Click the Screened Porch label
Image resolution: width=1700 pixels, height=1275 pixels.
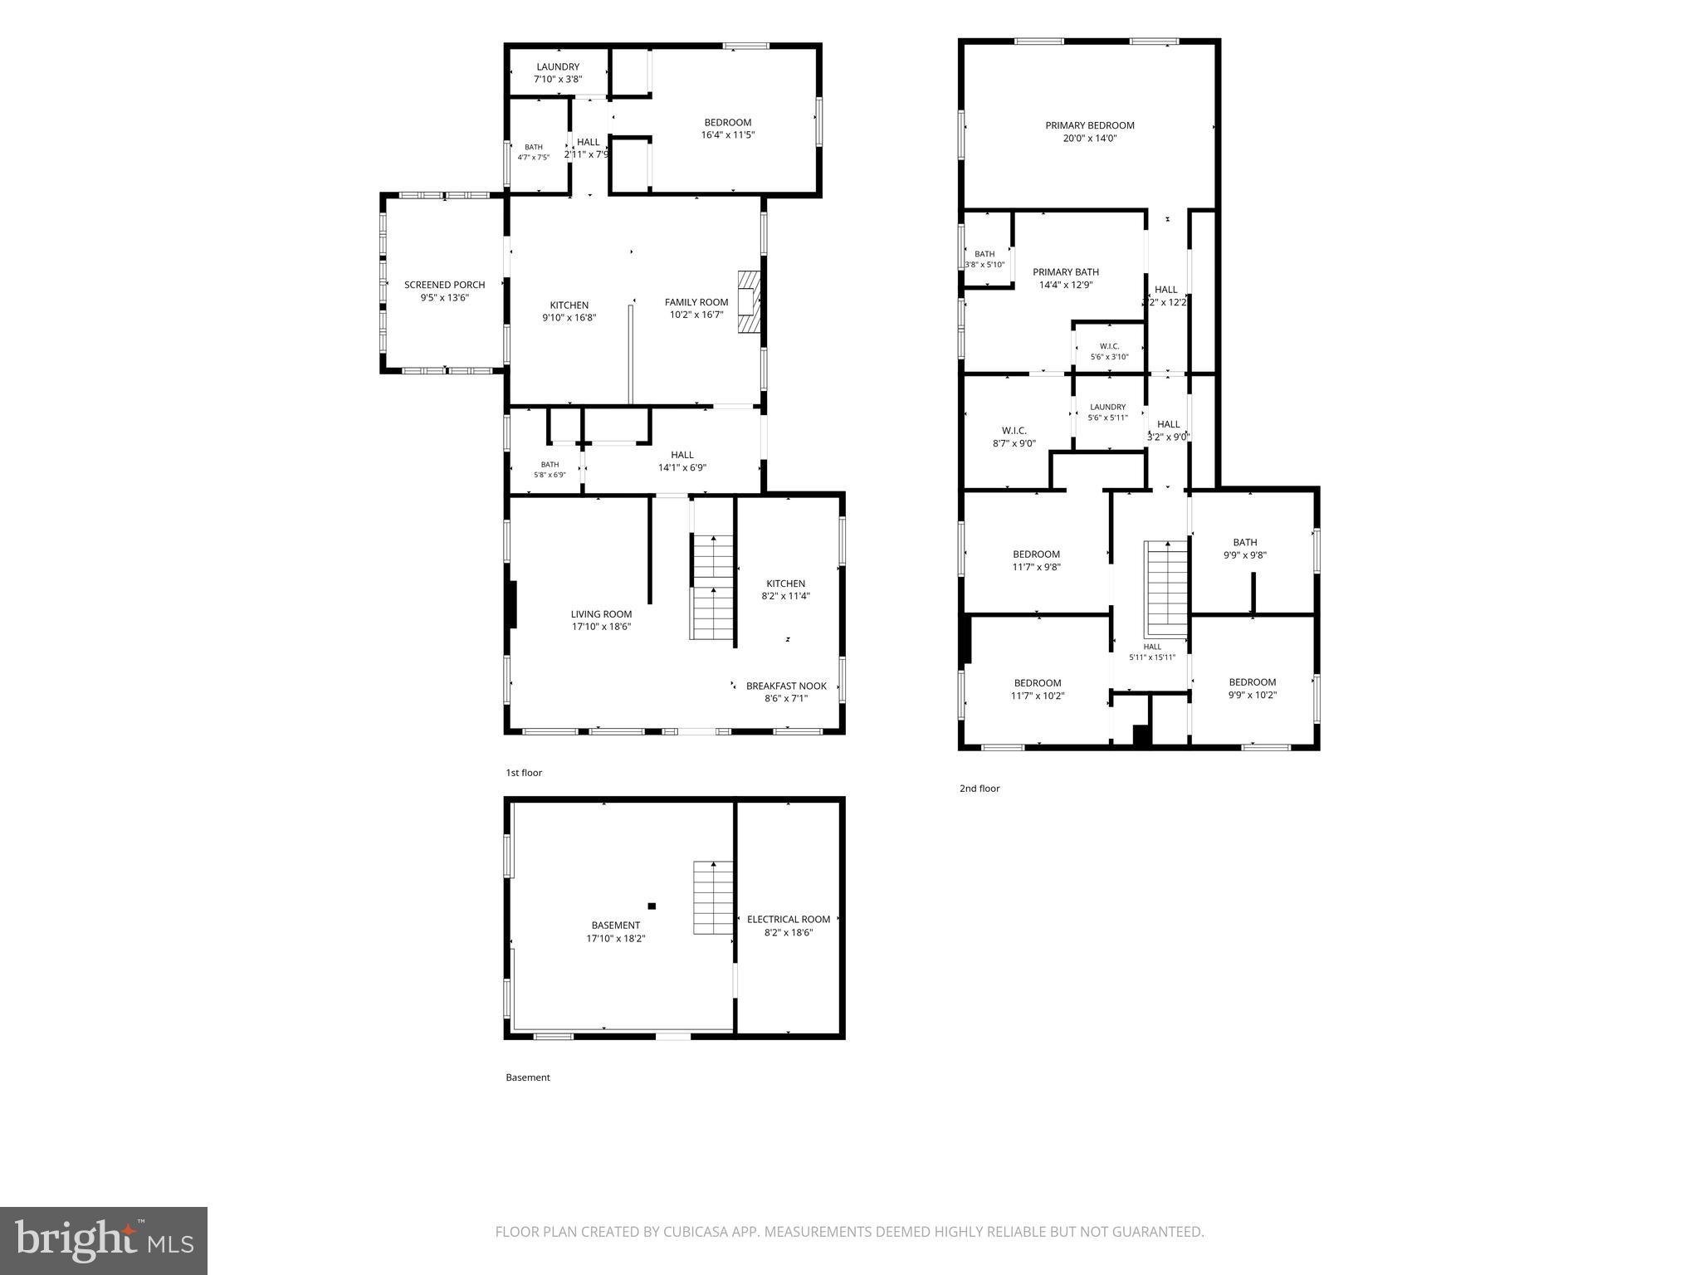[x=444, y=285]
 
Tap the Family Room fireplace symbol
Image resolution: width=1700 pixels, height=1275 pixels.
[x=749, y=302]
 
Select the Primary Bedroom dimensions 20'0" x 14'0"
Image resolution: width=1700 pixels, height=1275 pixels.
[x=1090, y=139]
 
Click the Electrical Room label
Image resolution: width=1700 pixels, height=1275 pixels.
[x=789, y=919]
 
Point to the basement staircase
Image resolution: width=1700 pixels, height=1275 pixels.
[x=714, y=897]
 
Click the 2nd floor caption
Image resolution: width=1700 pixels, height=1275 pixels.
[x=979, y=789]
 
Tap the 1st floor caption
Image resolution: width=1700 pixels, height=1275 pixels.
[x=524, y=773]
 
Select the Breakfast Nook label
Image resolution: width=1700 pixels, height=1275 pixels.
[x=786, y=686]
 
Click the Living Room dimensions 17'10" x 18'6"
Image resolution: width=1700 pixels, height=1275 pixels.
[x=601, y=628]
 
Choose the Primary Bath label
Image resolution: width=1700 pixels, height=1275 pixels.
[x=1066, y=271]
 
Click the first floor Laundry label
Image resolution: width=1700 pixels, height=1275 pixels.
[x=558, y=66]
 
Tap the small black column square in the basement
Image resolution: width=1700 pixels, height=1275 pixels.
[x=652, y=906]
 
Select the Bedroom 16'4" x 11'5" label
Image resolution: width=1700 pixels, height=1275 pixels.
[x=728, y=122]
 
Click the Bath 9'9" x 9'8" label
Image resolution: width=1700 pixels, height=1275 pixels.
[x=1245, y=542]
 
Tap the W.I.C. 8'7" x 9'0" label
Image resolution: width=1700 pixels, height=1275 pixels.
[x=1014, y=431]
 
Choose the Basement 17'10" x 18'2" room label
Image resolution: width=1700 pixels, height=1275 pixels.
[x=616, y=926]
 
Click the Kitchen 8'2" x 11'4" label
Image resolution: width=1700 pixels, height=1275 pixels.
[x=785, y=584]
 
